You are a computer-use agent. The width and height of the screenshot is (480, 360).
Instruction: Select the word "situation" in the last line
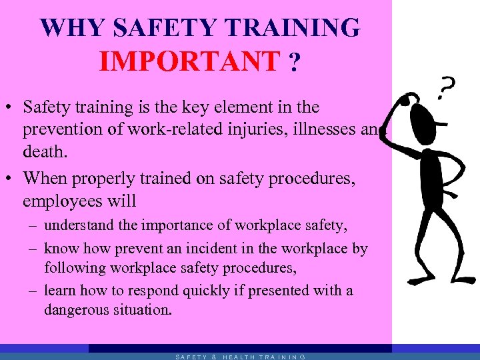coord(144,309)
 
